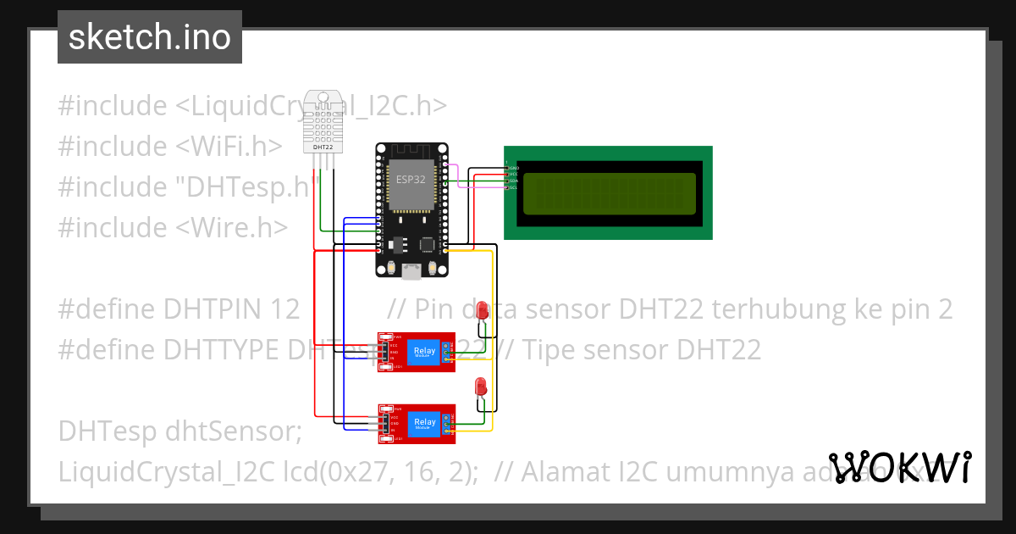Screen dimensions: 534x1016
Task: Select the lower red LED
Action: pos(481,387)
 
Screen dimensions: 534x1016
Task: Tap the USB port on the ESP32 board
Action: pos(412,271)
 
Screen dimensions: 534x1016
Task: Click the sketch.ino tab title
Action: pos(150,37)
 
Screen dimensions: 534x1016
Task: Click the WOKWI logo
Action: pos(899,468)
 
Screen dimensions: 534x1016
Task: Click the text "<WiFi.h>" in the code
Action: pos(229,147)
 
